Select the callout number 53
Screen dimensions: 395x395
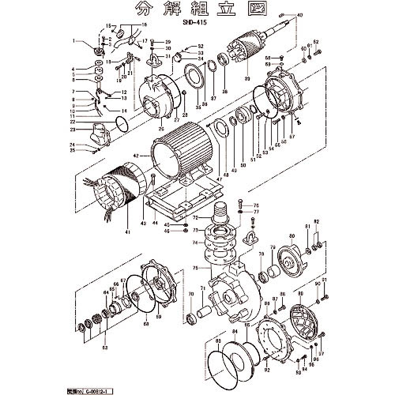click(x=105, y=346)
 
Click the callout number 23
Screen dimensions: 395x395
click(x=73, y=129)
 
